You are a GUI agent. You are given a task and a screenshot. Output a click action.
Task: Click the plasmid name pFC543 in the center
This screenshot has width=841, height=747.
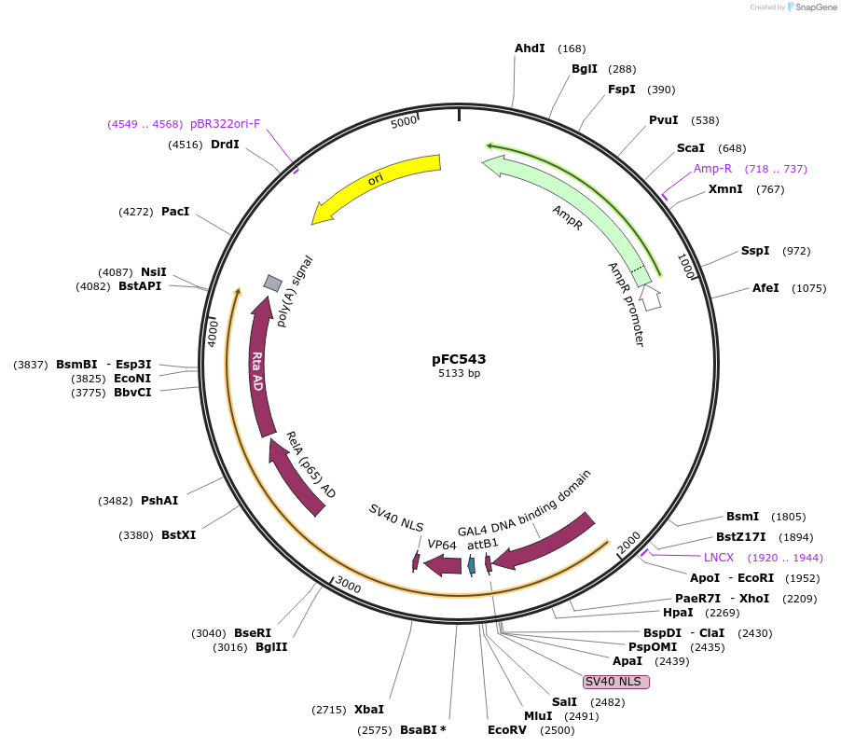click(x=459, y=358)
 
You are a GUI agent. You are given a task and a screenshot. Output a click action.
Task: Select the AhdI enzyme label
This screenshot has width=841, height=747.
click(x=530, y=48)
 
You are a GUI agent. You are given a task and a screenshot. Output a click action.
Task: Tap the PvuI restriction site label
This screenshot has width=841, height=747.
click(x=664, y=119)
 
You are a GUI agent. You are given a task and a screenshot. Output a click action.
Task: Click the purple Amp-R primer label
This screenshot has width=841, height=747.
click(x=712, y=169)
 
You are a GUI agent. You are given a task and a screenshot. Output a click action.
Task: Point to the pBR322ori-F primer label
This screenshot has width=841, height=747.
click(x=226, y=124)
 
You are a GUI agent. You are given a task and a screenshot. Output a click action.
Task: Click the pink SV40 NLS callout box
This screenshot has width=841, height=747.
click(x=615, y=682)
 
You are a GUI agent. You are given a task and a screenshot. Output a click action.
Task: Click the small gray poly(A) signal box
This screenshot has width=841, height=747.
click(x=272, y=283)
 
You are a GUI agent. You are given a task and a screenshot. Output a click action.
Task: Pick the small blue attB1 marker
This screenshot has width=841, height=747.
click(x=472, y=564)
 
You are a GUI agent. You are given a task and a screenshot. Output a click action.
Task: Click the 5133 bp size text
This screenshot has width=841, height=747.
click(x=459, y=373)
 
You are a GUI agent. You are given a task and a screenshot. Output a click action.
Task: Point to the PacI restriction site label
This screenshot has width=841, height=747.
click(x=175, y=212)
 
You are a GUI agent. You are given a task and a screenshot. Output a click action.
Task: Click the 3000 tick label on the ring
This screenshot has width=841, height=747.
click(x=348, y=585)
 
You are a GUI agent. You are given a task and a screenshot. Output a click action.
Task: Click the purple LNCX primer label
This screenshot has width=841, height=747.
click(x=719, y=557)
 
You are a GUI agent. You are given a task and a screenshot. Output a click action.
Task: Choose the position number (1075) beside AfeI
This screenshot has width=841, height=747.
click(x=808, y=288)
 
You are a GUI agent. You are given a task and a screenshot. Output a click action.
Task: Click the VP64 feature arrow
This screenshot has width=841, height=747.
click(x=443, y=564)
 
